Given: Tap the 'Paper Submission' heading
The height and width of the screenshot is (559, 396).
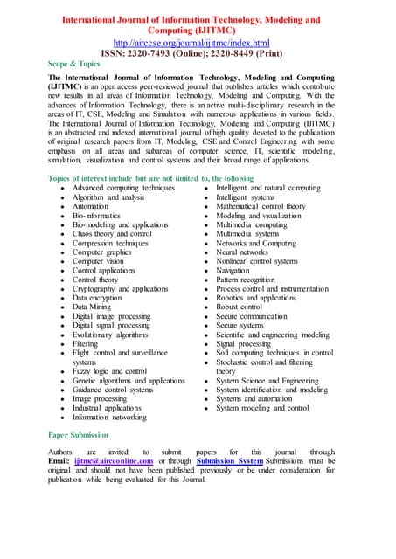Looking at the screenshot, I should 78,434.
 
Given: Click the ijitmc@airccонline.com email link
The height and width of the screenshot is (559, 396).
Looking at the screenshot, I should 114,461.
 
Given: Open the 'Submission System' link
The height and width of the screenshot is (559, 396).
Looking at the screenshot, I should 229,461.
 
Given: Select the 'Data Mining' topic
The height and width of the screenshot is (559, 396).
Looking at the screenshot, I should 92,307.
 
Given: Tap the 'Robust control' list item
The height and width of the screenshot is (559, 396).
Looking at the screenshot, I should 239,307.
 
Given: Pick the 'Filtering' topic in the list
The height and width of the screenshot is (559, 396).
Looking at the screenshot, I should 86,344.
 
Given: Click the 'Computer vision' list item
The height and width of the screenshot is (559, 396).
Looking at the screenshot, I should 98,261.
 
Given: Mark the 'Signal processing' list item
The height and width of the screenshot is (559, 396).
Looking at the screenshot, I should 244,344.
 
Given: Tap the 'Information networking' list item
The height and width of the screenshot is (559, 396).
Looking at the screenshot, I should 109,417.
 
